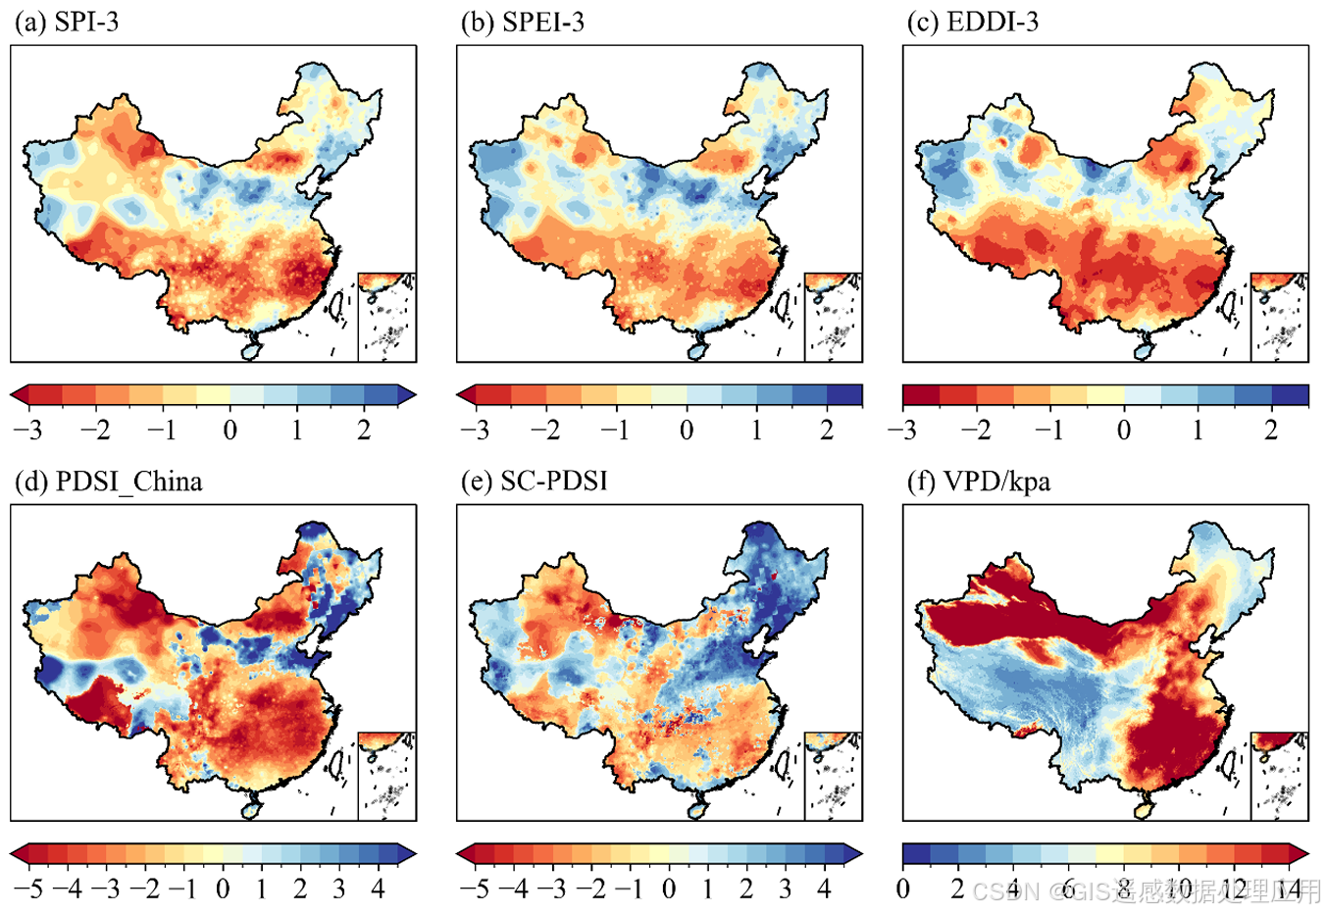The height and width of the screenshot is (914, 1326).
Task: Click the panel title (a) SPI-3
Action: pyautogui.click(x=67, y=23)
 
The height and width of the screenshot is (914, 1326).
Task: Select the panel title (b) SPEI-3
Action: pyautogui.click(x=523, y=23)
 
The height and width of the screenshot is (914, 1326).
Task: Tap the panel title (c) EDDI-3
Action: pyautogui.click(x=972, y=23)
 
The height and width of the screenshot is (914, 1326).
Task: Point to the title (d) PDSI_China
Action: pyautogui.click(x=108, y=482)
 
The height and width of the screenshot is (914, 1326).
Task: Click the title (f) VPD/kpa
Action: pyautogui.click(x=977, y=482)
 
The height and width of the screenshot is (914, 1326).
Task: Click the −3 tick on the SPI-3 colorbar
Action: pyautogui.click(x=27, y=430)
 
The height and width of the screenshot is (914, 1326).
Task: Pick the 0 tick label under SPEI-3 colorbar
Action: pyautogui.click(x=687, y=430)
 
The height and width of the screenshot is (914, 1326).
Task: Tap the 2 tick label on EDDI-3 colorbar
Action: pyautogui.click(x=1271, y=430)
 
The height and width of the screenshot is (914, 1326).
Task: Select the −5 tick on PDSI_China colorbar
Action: pyautogui.click(x=27, y=889)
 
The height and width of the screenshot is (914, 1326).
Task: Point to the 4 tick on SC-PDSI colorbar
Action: pyautogui.click(x=824, y=889)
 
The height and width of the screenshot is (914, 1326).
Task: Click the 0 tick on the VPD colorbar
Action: pyautogui.click(x=903, y=889)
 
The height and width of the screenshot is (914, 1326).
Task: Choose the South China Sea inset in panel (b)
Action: pyautogui.click(x=834, y=317)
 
